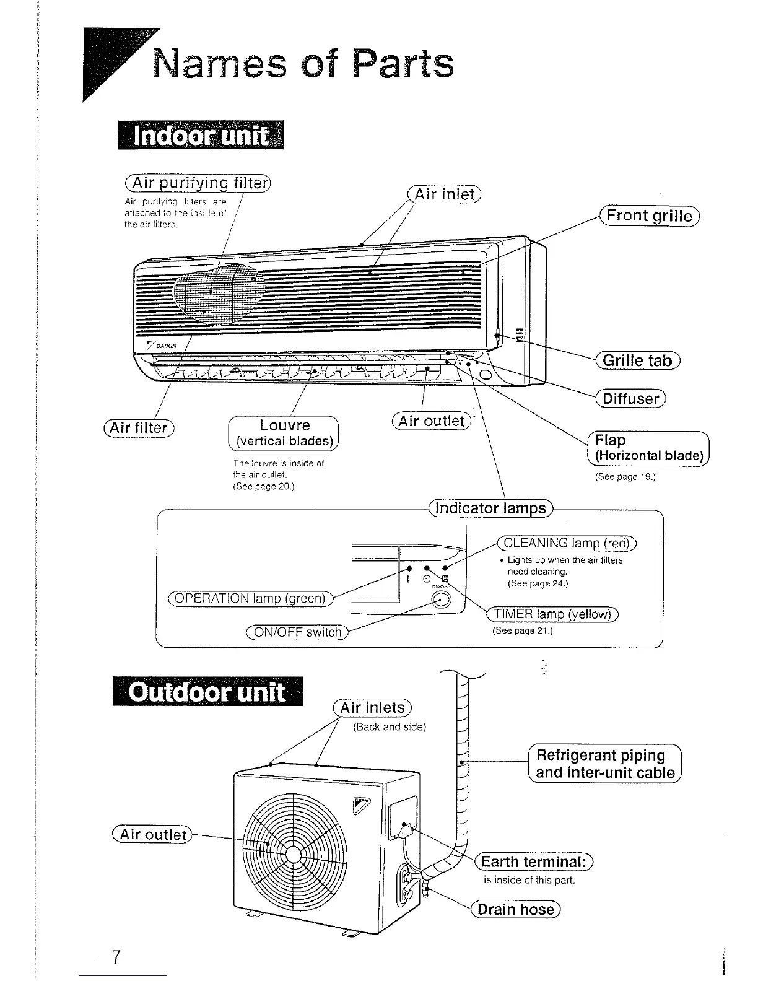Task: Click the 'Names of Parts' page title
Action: (303, 64)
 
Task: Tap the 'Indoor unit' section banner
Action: (201, 136)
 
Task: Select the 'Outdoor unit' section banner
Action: (207, 692)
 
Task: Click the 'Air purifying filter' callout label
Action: (198, 183)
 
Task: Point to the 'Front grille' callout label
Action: (649, 216)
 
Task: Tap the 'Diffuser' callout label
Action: (630, 398)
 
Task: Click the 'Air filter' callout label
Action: (139, 427)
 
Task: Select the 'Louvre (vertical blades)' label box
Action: (284, 433)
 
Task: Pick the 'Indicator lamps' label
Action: (490, 508)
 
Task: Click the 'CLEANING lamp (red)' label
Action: (567, 543)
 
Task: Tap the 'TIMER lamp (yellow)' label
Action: (552, 614)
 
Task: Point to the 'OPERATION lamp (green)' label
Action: (250, 598)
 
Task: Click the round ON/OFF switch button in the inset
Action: (440, 600)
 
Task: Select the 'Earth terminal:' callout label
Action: (533, 861)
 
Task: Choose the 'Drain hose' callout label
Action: (516, 909)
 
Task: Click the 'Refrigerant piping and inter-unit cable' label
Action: (604, 764)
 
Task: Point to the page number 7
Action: (115, 956)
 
